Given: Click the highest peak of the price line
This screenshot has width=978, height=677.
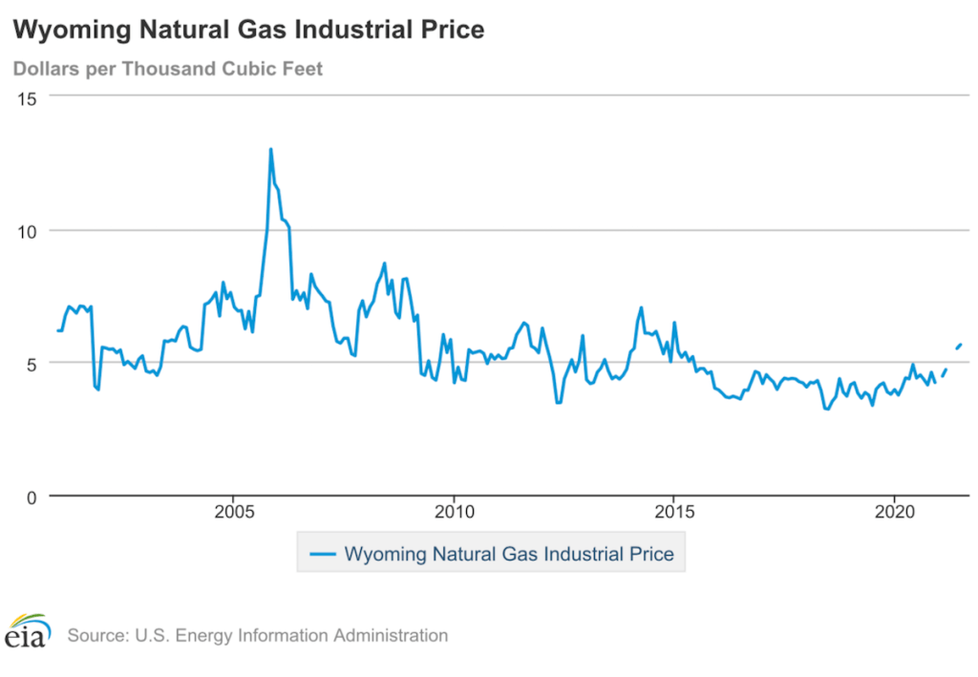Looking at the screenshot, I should tap(270, 149).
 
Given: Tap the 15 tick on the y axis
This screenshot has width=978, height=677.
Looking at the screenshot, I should tap(28, 98).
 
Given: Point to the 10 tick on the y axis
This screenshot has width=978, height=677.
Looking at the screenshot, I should tap(28, 231).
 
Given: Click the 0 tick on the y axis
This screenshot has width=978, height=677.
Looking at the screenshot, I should tap(32, 497).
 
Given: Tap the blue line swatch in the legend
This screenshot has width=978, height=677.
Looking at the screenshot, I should tap(324, 554).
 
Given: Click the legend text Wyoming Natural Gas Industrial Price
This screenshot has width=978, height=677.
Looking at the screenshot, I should tap(509, 554).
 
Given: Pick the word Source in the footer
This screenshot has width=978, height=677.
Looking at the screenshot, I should tap(96, 635).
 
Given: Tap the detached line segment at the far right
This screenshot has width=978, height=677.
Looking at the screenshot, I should tap(958, 346).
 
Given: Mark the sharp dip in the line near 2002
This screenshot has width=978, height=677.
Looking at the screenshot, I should tap(96, 388).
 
